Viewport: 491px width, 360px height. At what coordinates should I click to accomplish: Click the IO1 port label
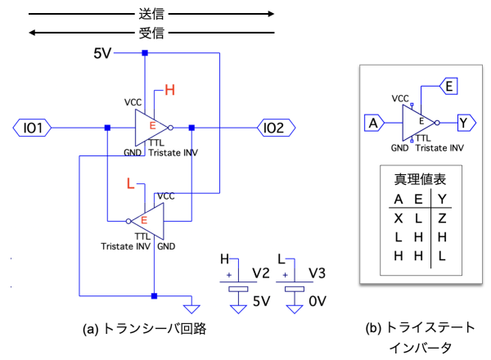[x=34, y=128]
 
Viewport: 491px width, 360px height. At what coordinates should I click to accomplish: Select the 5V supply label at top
[x=102, y=53]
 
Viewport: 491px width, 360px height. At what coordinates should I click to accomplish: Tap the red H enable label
[x=170, y=90]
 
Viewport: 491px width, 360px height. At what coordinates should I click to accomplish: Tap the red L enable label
[x=130, y=185]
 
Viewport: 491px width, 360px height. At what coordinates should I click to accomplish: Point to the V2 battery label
[x=260, y=272]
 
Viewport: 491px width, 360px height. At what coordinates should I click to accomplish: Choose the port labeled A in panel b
[x=374, y=124]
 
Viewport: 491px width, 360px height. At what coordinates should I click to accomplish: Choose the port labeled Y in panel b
[x=464, y=124]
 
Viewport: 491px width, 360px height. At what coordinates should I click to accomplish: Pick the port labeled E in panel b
[x=453, y=83]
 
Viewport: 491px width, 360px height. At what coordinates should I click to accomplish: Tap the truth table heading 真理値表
[x=419, y=179]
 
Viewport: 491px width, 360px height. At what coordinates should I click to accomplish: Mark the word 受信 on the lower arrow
[x=151, y=33]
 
